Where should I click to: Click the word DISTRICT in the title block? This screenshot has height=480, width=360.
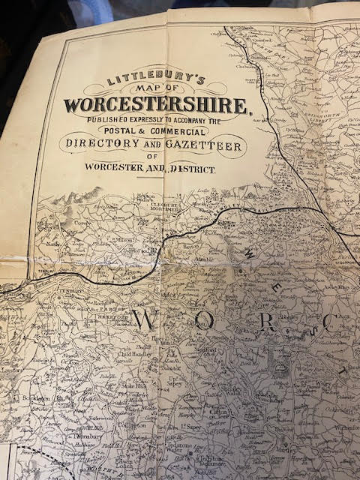(193, 170)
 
